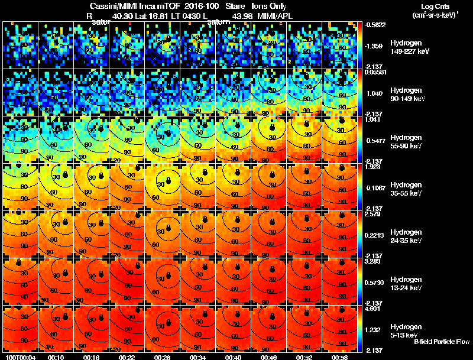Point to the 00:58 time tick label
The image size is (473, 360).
click(340, 357)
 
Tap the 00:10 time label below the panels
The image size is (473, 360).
click(56, 357)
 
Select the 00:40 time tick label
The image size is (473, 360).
click(234, 357)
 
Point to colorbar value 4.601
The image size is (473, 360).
click(374, 308)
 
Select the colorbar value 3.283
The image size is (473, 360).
click(374, 261)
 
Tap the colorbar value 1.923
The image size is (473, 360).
click(374, 166)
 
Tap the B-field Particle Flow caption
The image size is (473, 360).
click(441, 342)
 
